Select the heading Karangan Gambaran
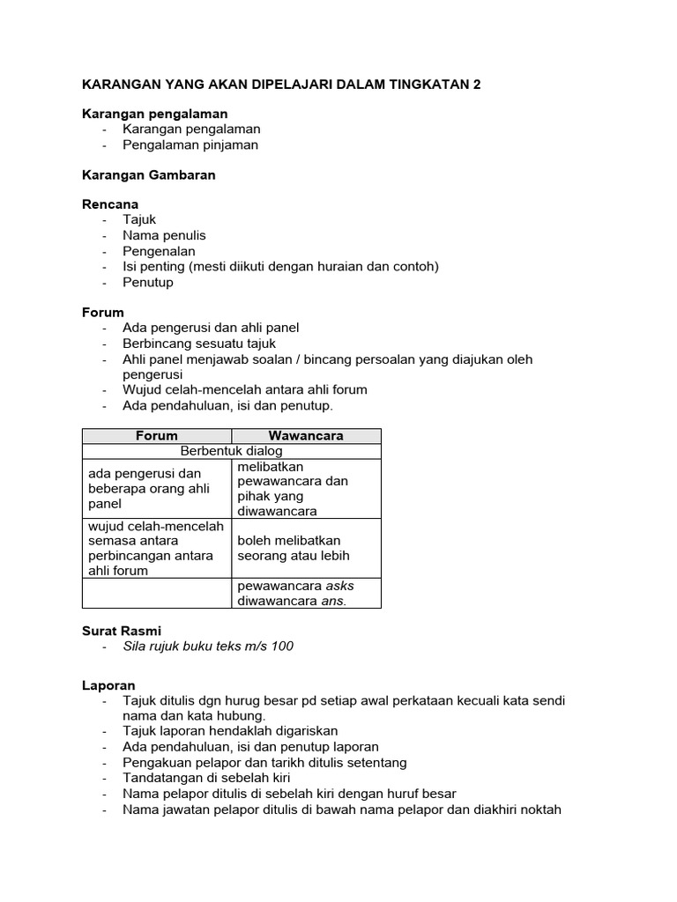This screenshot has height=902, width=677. [x=148, y=175]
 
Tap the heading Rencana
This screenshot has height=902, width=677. [x=110, y=204]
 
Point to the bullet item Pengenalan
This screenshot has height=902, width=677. [x=159, y=251]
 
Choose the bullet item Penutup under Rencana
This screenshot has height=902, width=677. [x=148, y=283]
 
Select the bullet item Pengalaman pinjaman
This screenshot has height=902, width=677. [x=190, y=144]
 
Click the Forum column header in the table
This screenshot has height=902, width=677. [x=157, y=435]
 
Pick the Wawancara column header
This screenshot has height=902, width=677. [x=305, y=435]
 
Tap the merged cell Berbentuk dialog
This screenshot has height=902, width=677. [x=231, y=450]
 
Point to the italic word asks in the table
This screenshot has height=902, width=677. [x=340, y=586]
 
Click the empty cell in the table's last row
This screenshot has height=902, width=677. [x=157, y=593]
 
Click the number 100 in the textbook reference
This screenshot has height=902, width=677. [x=282, y=647]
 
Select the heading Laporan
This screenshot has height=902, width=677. [x=108, y=684]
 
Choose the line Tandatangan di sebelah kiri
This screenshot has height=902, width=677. [x=206, y=778]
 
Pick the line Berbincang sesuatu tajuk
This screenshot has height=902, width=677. [x=199, y=344]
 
